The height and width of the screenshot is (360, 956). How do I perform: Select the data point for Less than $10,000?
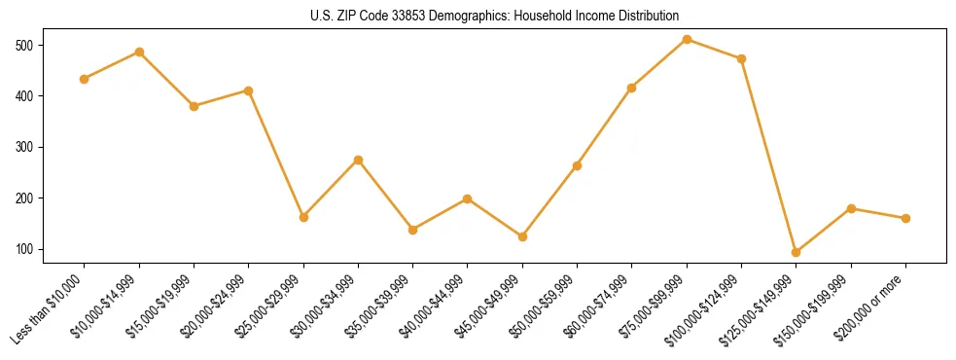[x=85, y=79]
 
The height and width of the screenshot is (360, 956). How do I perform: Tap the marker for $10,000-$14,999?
[x=139, y=52]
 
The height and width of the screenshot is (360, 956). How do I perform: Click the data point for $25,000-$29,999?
[x=303, y=217]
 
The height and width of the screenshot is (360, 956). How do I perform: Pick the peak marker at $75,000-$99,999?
[x=688, y=39]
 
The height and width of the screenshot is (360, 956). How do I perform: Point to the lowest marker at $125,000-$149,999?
[x=797, y=252]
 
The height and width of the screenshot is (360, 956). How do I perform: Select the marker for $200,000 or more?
[x=906, y=218]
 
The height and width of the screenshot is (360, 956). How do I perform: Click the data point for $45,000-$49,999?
[x=523, y=236]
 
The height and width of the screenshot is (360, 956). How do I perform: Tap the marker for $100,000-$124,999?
[x=742, y=58]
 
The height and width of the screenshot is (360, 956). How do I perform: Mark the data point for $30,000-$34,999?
[x=358, y=160]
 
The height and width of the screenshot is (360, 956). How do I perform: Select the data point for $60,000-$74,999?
[x=632, y=88]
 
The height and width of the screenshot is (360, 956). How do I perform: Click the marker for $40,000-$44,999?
[x=468, y=198]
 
